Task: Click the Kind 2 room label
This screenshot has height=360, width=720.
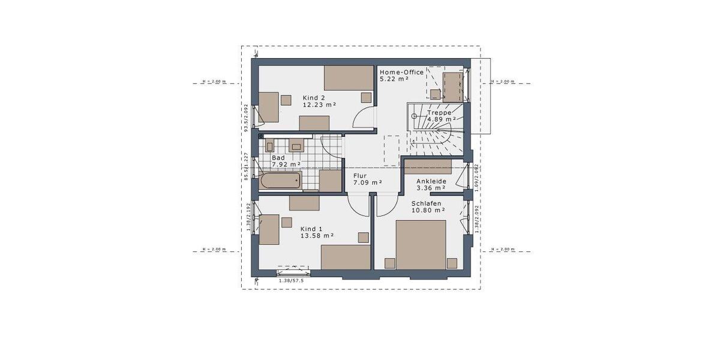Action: (x=314, y=97)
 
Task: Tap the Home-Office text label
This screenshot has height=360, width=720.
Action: (x=401, y=72)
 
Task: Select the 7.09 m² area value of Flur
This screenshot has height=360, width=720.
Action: (x=368, y=182)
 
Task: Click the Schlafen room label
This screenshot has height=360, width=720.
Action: (x=427, y=203)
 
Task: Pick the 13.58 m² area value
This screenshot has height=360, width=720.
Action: (x=317, y=236)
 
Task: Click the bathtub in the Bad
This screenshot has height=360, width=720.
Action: (x=280, y=181)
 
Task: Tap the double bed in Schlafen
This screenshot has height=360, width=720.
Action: (x=421, y=245)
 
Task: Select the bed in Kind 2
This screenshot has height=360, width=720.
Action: (x=349, y=77)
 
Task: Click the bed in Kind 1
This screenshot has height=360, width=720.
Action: (x=346, y=257)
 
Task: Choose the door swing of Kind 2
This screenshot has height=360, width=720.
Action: (x=363, y=119)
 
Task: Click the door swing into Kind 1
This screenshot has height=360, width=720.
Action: (x=361, y=206)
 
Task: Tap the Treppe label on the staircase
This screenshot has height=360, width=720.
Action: (x=439, y=112)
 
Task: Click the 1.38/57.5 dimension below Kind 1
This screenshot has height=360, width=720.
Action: (x=292, y=280)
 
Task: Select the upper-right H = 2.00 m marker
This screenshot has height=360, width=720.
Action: (x=503, y=82)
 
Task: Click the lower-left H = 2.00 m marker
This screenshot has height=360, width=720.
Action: (x=214, y=249)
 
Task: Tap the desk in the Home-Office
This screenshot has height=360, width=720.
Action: (x=452, y=86)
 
